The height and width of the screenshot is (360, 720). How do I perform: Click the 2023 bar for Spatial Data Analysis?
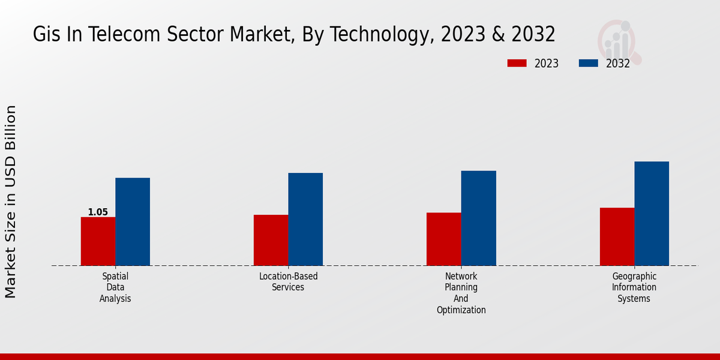pos(98,241)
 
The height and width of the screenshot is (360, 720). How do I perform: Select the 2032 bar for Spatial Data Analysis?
pos(133,222)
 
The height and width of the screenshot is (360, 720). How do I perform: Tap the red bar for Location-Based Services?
pos(271,240)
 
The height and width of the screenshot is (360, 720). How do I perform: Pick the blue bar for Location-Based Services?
pos(305,220)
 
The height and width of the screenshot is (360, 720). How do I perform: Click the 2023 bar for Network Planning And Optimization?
pos(443,239)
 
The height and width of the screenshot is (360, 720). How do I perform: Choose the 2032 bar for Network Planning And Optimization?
pos(478,218)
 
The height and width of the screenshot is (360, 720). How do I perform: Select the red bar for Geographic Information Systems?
pos(617,236)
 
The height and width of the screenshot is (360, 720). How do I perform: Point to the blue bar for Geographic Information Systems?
pos(652,214)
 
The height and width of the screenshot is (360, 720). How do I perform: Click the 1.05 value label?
pos(98,212)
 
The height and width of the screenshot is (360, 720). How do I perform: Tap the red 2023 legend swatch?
pos(517,63)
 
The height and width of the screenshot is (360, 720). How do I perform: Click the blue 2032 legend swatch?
pos(589,63)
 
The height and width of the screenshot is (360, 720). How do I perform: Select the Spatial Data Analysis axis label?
pos(115,287)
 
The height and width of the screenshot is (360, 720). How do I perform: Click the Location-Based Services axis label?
pos(288,282)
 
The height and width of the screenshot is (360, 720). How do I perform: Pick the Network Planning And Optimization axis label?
pos(461,293)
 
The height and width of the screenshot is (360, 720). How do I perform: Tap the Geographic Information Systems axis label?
pos(634,287)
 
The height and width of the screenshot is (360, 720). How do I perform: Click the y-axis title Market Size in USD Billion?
pos(11,202)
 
